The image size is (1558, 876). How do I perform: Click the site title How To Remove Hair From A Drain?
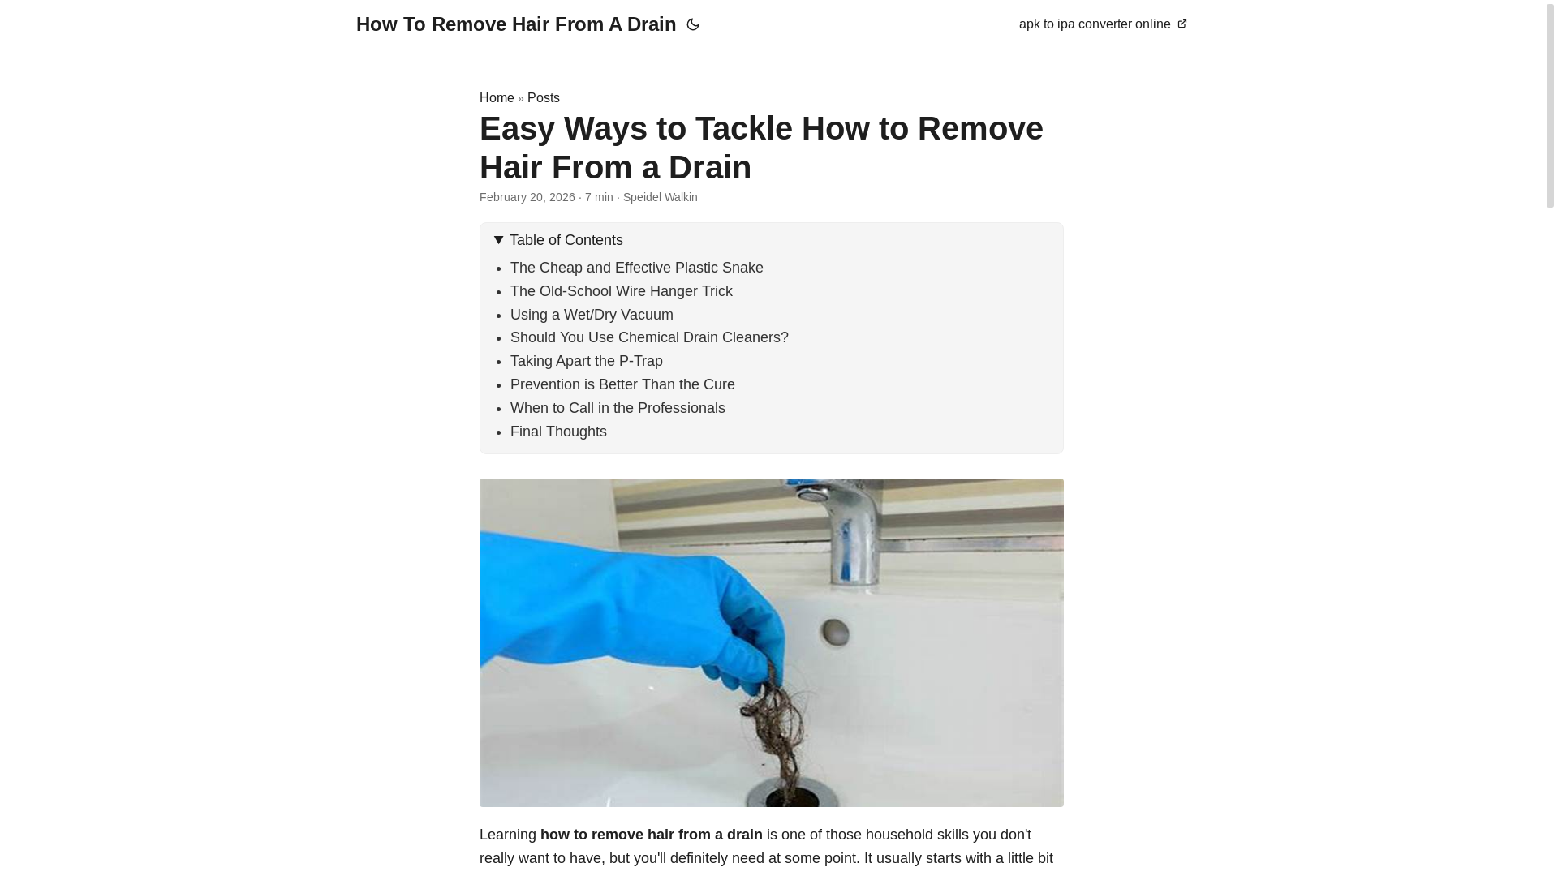tap(515, 24)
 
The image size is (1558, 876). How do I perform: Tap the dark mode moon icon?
tap(693, 25)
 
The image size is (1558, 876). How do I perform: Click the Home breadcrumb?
tap(497, 98)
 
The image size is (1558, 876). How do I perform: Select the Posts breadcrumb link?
tap(543, 98)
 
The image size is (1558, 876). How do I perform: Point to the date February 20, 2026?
tap(527, 197)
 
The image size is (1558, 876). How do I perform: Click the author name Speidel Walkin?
tap(660, 197)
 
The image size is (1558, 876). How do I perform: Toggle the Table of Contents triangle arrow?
tap(498, 240)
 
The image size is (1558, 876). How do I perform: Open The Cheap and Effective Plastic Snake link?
tap(636, 268)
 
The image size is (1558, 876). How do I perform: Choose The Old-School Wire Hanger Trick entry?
tap(621, 291)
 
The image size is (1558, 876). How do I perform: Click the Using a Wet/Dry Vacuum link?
tap(592, 315)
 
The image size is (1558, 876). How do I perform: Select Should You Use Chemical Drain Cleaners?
tap(648, 337)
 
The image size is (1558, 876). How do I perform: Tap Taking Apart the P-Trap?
tap(586, 361)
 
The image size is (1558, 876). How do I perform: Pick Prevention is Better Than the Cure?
tap(622, 384)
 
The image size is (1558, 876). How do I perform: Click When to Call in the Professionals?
tap(617, 408)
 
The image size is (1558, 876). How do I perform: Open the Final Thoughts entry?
tap(557, 432)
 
